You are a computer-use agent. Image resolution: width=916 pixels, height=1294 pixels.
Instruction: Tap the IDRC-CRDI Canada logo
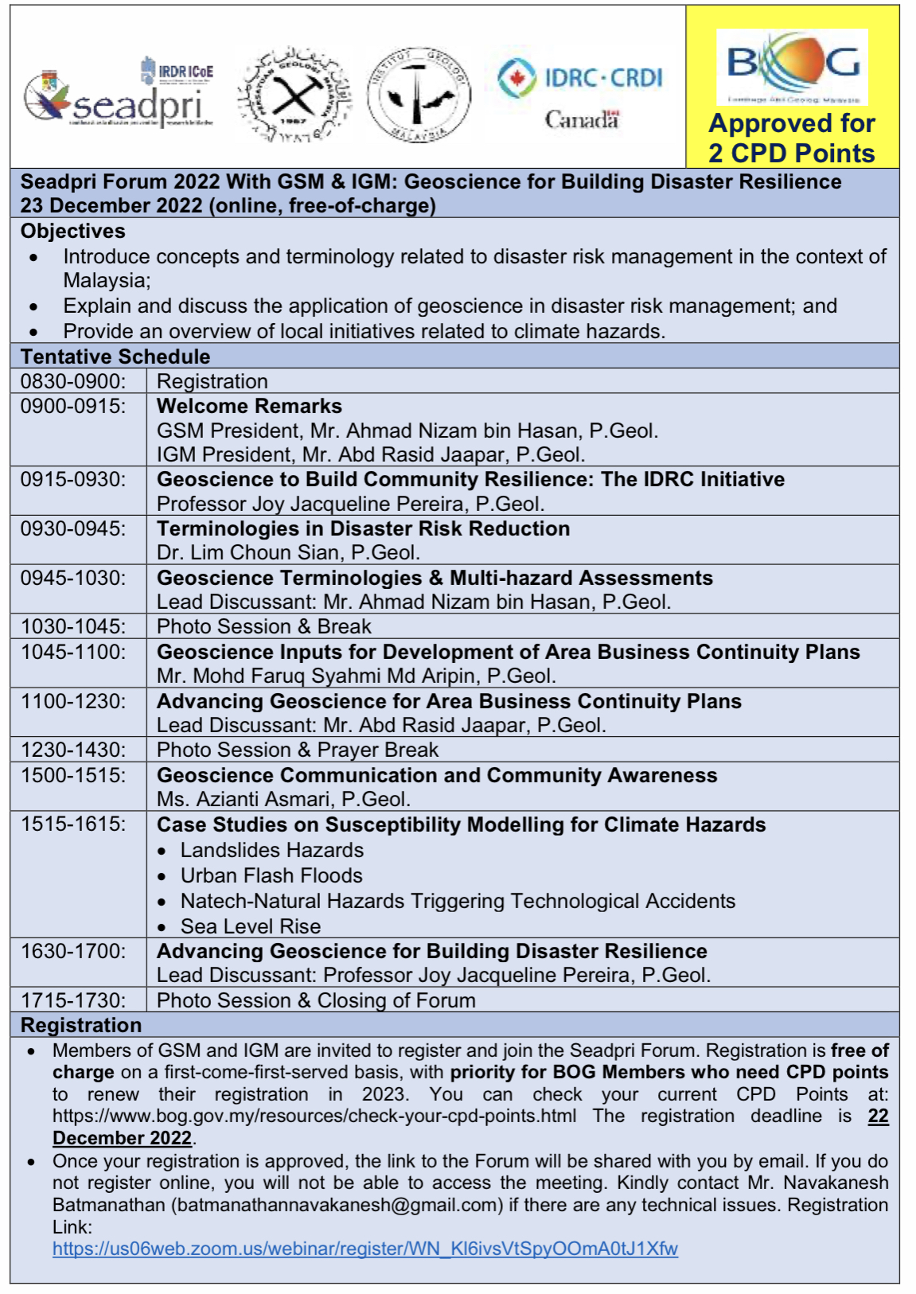pyautogui.click(x=580, y=93)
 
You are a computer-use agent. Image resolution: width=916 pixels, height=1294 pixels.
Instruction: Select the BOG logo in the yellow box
pyautogui.click(x=793, y=67)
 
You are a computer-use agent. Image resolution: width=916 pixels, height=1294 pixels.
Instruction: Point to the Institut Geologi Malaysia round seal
pyautogui.click(x=419, y=95)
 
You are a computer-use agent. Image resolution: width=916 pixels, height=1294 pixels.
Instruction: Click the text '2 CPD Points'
pyautogui.click(x=792, y=153)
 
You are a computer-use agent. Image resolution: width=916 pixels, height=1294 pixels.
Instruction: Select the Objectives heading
pyautogui.click(x=73, y=231)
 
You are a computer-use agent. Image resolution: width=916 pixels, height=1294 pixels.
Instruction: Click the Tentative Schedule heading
pyautogui.click(x=115, y=357)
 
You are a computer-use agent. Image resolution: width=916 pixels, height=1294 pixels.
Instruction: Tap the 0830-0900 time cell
pyautogui.click(x=73, y=381)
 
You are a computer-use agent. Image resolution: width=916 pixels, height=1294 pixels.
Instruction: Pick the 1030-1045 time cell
pyautogui.click(x=73, y=626)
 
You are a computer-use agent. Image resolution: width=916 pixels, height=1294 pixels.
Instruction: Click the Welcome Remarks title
pyautogui.click(x=249, y=406)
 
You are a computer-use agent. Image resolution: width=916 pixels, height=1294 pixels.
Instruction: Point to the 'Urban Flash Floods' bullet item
pyautogui.click(x=271, y=875)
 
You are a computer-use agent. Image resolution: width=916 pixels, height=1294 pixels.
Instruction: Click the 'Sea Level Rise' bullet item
pyautogui.click(x=251, y=926)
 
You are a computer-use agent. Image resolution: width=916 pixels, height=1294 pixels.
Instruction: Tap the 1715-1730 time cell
pyautogui.click(x=73, y=1000)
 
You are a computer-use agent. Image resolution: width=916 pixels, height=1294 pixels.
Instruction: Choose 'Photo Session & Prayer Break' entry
pyautogui.click(x=298, y=750)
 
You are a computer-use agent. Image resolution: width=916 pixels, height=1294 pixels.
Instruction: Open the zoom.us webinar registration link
pyautogui.click(x=365, y=1249)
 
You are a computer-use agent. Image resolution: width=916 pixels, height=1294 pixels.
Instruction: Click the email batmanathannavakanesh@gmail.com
pyautogui.click(x=337, y=1205)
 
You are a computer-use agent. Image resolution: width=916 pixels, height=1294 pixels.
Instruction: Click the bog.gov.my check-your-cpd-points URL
pyautogui.click(x=314, y=1116)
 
